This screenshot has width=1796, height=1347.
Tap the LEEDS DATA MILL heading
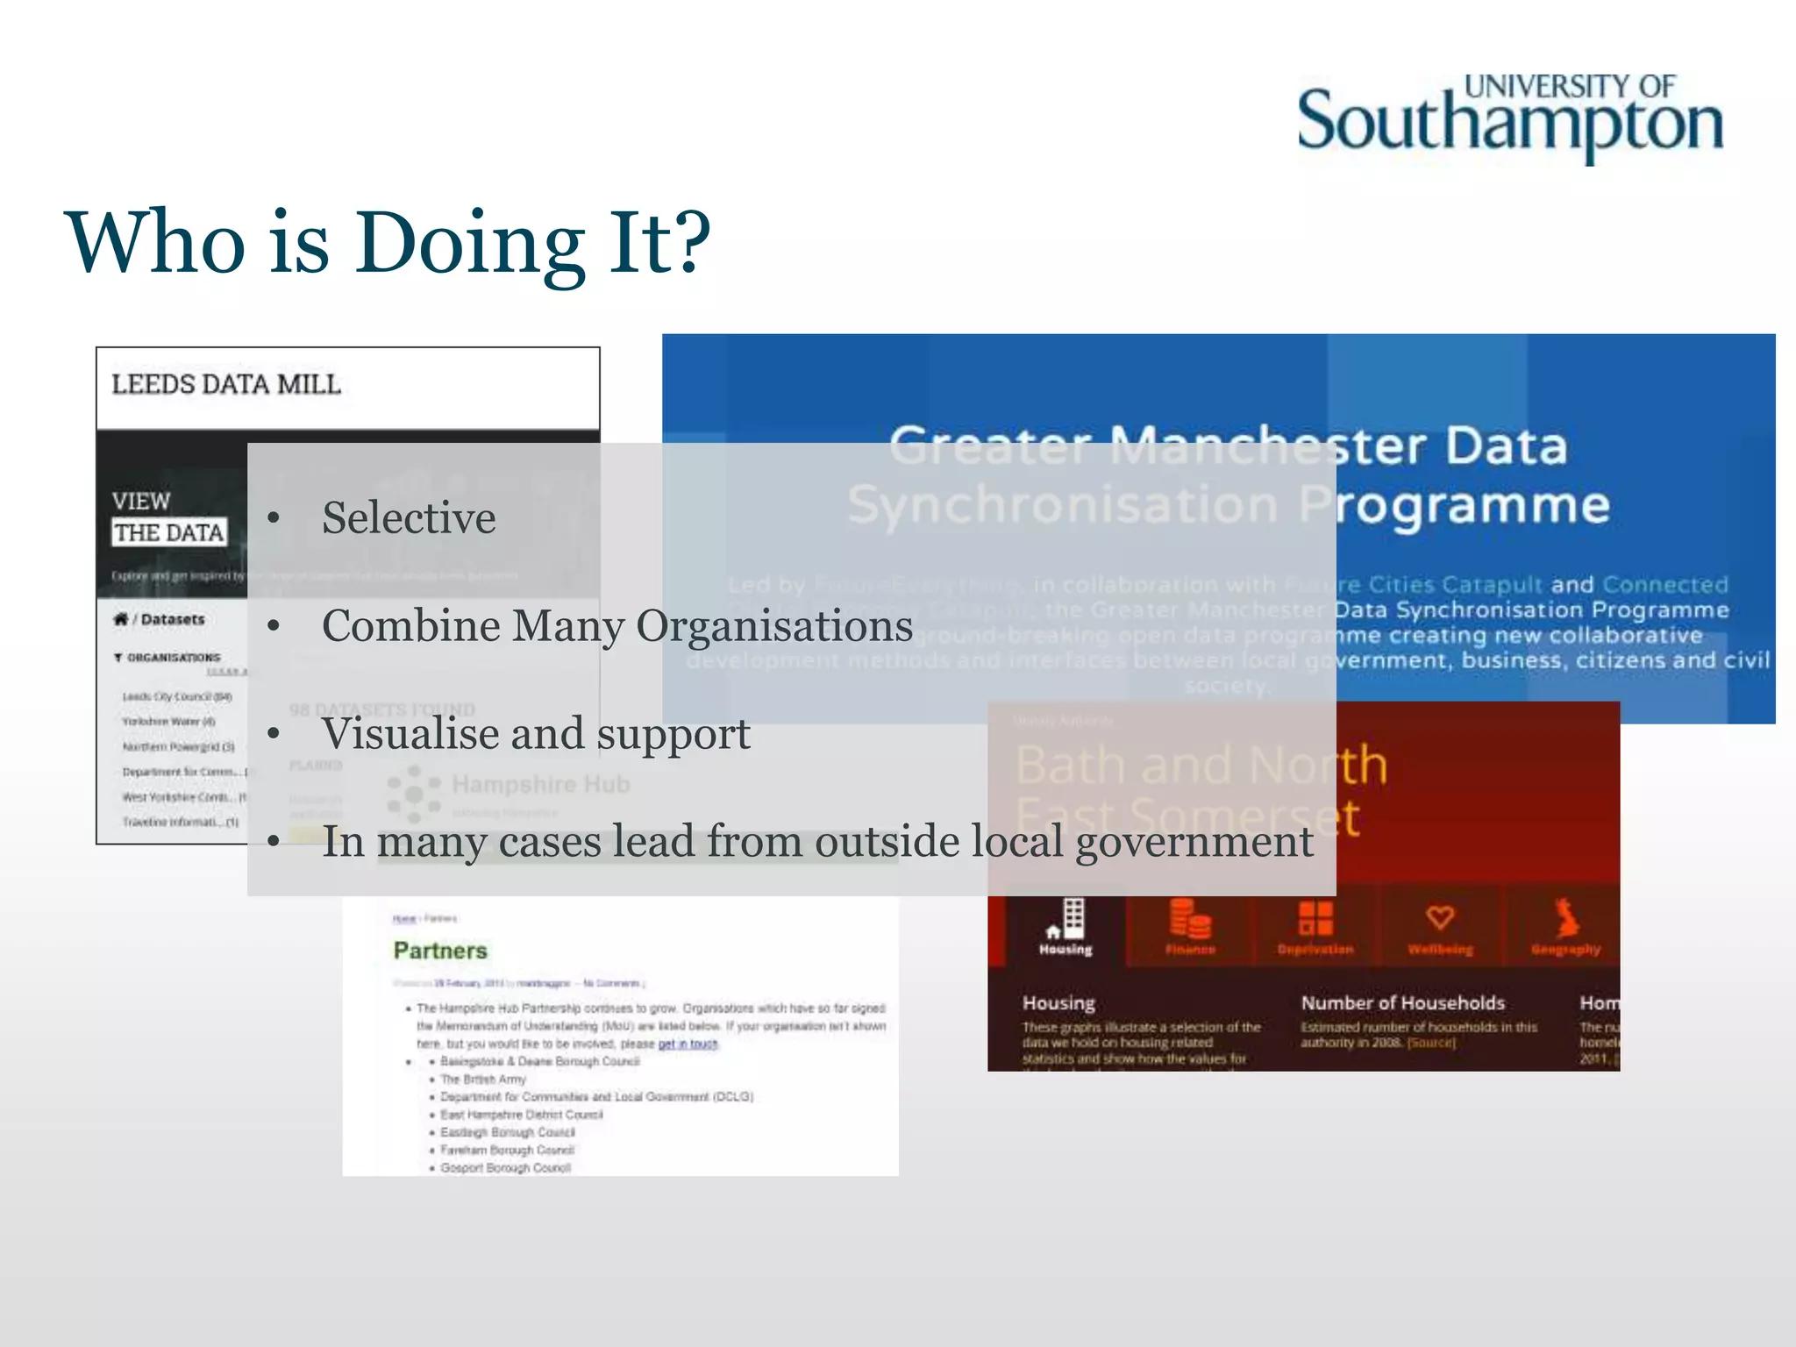[x=226, y=384]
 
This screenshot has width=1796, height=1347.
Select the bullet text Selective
[x=409, y=517]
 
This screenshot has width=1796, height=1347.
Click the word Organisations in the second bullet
[x=773, y=626]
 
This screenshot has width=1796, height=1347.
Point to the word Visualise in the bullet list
[x=410, y=733]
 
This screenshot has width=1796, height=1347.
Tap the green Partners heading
[x=440, y=951]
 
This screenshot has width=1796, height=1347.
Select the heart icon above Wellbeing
[x=1440, y=918]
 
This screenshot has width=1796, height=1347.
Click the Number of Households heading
[x=1402, y=1002]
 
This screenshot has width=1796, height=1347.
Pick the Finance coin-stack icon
[x=1190, y=921]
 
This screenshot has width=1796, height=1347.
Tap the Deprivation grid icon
[x=1315, y=919]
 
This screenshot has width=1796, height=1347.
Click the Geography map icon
[x=1566, y=919]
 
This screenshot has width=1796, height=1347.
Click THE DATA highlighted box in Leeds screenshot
[x=169, y=532]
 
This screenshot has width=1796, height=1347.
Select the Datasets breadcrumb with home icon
[x=160, y=619]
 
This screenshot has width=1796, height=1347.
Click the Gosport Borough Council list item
[x=505, y=1168]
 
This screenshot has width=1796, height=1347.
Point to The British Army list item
[x=483, y=1080]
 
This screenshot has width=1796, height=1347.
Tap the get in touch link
[x=688, y=1044]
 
